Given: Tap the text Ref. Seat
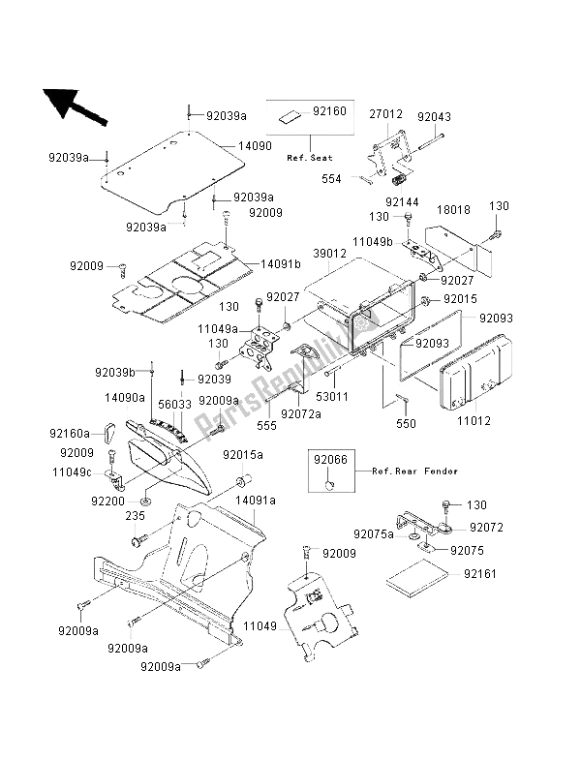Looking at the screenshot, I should point(308,156).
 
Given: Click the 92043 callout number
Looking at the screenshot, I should point(433,116).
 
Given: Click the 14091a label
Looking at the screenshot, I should point(259,500).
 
